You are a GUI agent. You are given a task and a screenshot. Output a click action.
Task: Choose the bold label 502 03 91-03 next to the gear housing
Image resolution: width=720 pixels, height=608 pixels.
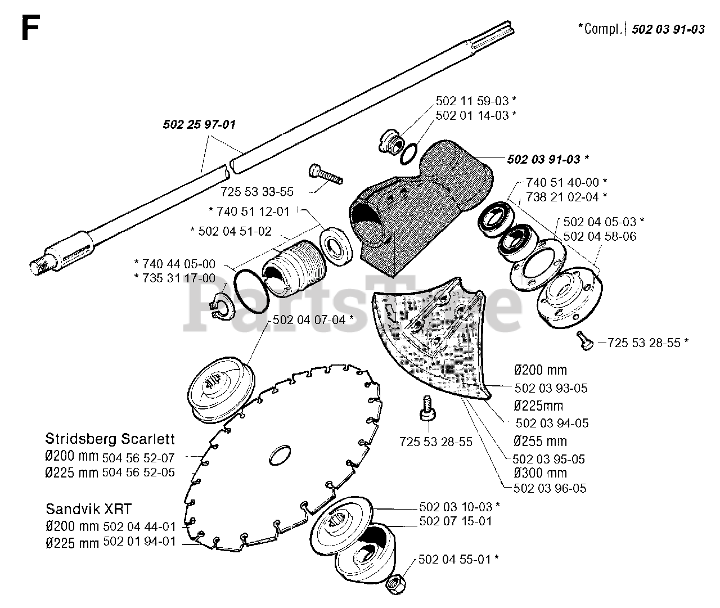(x=543, y=159)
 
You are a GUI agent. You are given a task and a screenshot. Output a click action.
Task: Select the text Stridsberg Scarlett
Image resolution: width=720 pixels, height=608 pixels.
(x=110, y=439)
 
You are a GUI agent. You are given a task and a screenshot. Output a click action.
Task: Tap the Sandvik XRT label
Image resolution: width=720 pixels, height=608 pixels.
(x=88, y=509)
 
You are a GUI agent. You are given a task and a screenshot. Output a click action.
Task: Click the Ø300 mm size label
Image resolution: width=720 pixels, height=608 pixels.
(x=540, y=473)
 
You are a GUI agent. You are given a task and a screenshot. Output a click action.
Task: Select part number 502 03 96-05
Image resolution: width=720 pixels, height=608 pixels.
(x=550, y=488)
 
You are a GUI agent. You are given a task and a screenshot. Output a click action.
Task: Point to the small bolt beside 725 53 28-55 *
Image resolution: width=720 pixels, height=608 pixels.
(x=584, y=341)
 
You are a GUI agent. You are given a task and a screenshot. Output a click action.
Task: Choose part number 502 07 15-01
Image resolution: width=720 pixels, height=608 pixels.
(x=456, y=521)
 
